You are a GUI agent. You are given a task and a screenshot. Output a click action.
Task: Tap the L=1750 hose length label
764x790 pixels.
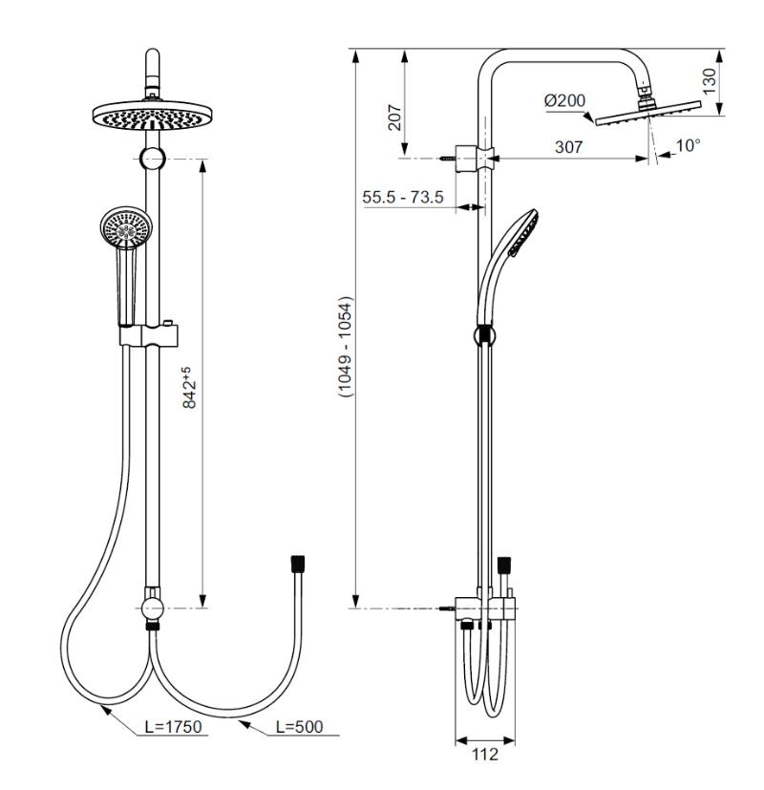pyautogui.click(x=173, y=728)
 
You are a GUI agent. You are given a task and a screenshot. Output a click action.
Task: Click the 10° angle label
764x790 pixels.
pyautogui.click(x=687, y=145)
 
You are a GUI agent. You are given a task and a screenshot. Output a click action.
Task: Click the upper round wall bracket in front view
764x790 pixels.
pyautogui.click(x=151, y=160)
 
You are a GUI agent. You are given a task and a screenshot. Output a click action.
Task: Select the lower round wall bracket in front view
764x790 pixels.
pyautogui.click(x=151, y=608)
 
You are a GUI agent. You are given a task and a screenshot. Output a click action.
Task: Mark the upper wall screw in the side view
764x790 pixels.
pyautogui.click(x=448, y=154)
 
